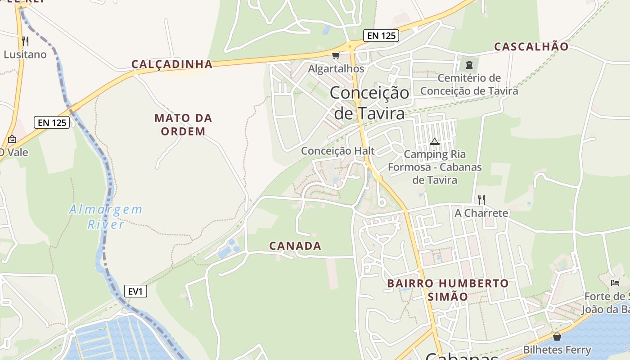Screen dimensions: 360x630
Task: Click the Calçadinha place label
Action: (172, 64)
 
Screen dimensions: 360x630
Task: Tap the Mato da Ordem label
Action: (183, 125)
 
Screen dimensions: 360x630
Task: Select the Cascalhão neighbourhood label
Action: (531, 46)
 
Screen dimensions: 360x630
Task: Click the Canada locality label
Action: (295, 246)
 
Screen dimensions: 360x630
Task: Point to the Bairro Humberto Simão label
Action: (448, 290)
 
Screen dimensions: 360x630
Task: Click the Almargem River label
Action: (106, 216)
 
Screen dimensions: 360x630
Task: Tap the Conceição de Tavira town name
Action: (369, 103)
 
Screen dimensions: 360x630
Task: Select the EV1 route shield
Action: (135, 291)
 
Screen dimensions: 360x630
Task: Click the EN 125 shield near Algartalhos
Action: (381, 36)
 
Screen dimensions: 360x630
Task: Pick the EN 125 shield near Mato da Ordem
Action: (52, 122)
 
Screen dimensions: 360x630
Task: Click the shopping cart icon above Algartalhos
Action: (335, 56)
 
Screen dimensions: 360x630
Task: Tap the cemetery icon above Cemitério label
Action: (469, 64)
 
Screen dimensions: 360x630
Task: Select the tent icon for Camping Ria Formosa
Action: (434, 141)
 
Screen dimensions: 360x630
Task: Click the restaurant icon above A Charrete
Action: (481, 199)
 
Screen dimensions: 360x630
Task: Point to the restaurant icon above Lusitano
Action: (25, 41)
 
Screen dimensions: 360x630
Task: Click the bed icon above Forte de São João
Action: (615, 283)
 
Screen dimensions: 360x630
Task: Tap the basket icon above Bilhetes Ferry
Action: (557, 337)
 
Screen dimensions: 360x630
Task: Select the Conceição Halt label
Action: (337, 151)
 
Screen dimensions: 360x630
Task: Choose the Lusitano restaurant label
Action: (25, 54)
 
